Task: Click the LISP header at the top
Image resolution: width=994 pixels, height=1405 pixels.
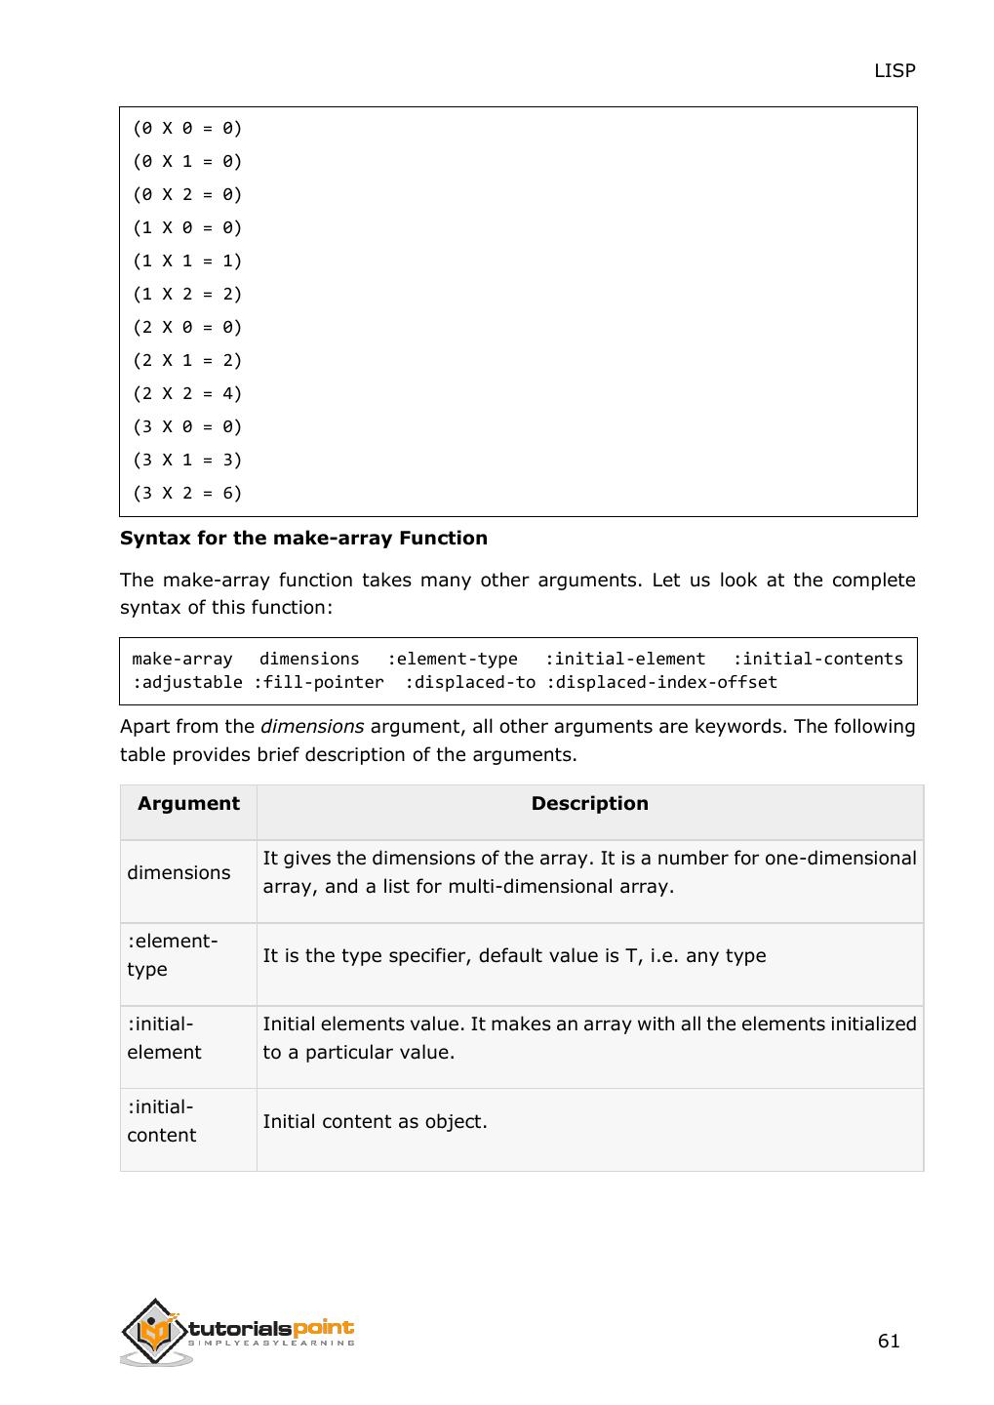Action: coord(894,70)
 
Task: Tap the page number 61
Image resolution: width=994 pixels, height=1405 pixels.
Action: coord(888,1341)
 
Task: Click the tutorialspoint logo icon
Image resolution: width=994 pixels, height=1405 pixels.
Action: coord(155,1331)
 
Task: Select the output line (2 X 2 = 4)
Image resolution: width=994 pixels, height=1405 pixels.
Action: coord(187,393)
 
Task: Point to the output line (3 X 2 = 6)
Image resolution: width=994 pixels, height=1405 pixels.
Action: coord(187,493)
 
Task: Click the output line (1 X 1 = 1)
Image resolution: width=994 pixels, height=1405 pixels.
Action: coord(187,261)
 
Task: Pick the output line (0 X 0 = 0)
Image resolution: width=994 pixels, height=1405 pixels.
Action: coord(187,128)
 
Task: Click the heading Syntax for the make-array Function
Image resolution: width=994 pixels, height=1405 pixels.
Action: coord(303,538)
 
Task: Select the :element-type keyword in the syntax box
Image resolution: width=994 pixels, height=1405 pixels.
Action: coord(452,659)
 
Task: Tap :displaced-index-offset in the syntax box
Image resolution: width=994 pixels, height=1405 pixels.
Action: coord(661,682)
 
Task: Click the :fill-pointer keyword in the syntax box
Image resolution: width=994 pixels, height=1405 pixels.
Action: coord(318,682)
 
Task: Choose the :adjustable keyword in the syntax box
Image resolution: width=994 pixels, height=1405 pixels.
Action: coord(187,682)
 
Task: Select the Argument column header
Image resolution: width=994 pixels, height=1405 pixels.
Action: coord(188,803)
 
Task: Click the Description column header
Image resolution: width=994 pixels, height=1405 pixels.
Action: coord(589,803)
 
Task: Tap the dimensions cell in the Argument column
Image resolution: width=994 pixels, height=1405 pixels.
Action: coord(179,872)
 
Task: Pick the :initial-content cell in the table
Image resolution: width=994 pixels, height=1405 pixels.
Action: coord(162,1121)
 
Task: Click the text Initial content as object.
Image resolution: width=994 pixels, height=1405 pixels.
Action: coord(375,1121)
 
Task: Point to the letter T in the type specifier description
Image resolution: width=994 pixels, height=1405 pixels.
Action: coord(630,955)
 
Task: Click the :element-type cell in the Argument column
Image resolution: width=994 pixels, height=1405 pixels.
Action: coord(172,955)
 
